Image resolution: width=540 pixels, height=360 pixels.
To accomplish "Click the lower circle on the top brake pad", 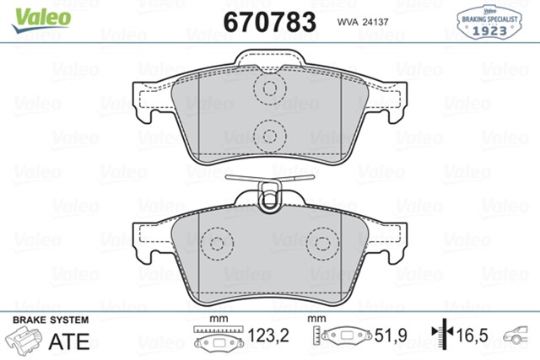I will click(x=270, y=133).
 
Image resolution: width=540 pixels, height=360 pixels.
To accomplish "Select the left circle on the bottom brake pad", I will click(x=219, y=244).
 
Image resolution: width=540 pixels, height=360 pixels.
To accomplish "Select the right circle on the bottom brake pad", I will click(x=321, y=244).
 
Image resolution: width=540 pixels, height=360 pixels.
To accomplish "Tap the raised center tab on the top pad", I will click(x=270, y=61).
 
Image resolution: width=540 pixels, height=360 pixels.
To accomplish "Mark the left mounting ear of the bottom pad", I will click(x=150, y=240).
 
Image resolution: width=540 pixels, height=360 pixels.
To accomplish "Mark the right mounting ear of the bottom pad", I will click(x=390, y=240).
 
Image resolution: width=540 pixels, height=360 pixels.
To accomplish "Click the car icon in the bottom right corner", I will click(x=519, y=336).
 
